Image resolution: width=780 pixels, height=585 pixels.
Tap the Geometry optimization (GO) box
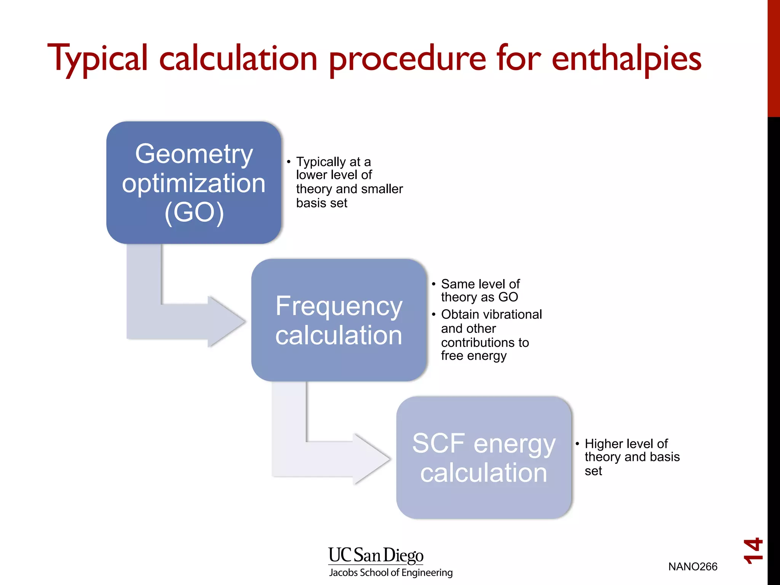pos(193,183)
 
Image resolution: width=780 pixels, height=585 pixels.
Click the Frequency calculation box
pos(339,320)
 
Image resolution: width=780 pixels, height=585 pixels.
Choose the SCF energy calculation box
pos(484,458)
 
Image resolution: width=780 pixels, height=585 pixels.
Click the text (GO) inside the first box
pos(194,212)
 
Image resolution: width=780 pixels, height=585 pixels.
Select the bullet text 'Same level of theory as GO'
pos(480,291)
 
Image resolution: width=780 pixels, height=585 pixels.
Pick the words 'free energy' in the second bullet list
pos(473,356)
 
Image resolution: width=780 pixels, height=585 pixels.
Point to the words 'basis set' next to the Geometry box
pos(321,203)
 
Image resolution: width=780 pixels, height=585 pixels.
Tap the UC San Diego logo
pos(376,555)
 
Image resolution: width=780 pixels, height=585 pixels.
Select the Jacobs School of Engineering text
pos(391,572)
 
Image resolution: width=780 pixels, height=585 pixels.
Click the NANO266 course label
pos(692,567)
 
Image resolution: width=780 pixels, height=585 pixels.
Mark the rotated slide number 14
pos(753,551)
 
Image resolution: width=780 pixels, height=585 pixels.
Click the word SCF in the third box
pos(438,444)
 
